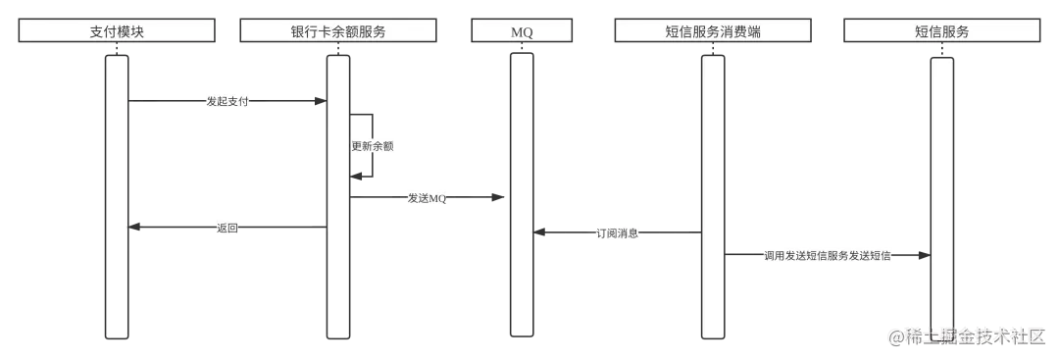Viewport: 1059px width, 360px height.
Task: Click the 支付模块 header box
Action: click(x=117, y=31)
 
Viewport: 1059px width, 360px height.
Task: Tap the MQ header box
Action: click(x=522, y=31)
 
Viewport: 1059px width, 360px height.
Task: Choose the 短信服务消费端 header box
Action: click(x=712, y=31)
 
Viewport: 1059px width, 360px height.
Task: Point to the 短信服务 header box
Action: click(x=941, y=31)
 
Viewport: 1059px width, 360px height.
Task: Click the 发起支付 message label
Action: click(x=227, y=101)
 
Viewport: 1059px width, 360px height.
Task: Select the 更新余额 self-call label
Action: click(x=373, y=146)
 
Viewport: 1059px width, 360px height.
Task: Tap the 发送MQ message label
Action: click(x=427, y=199)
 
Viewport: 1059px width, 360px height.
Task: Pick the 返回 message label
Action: click(x=227, y=228)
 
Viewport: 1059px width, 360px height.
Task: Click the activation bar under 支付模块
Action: click(x=117, y=196)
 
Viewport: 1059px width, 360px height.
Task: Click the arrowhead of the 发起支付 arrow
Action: click(x=321, y=100)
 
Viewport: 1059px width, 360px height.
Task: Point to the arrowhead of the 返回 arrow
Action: click(x=134, y=228)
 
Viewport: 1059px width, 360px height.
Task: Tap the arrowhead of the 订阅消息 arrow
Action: click(x=538, y=232)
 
